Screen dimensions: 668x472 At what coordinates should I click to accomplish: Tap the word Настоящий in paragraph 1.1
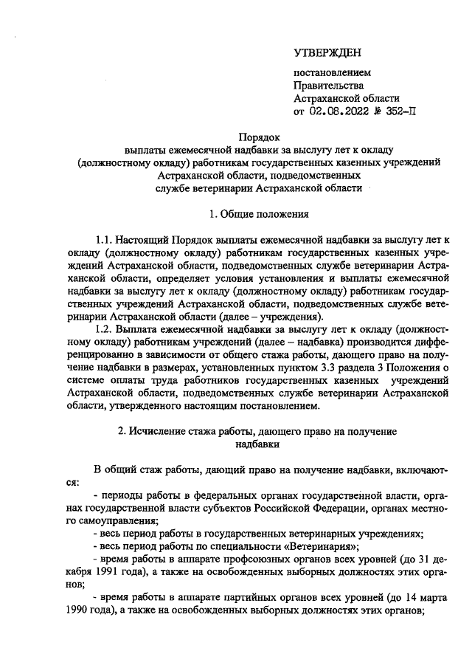[144, 241]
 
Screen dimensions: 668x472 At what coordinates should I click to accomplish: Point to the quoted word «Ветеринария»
[323, 546]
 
